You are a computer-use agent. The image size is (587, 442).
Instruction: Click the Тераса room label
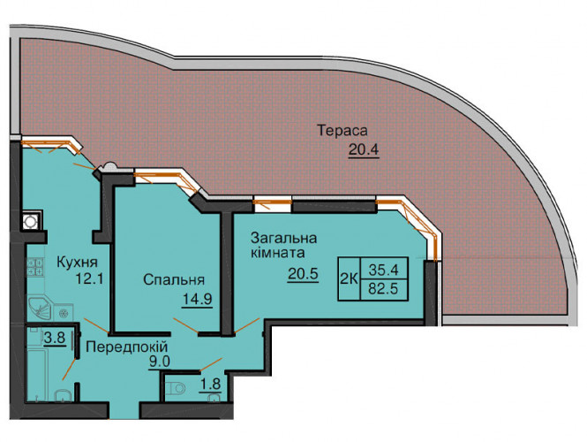[342, 131]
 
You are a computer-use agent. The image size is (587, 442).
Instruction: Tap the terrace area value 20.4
[364, 149]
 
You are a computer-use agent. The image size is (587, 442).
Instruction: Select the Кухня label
[77, 263]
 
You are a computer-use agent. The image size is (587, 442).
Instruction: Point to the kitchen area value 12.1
[89, 278]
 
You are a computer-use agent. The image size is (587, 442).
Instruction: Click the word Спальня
[174, 279]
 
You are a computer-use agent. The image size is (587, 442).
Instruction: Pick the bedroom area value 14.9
[198, 299]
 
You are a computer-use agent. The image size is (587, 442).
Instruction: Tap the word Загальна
[284, 239]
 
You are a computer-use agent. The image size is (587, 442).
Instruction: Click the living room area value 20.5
[303, 274]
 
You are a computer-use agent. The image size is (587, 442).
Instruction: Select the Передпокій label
[127, 347]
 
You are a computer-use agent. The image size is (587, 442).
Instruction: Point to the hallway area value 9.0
[159, 362]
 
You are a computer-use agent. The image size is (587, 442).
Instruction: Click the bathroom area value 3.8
[55, 339]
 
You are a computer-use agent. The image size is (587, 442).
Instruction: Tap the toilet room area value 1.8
[210, 385]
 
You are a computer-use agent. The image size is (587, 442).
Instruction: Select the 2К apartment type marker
[349, 279]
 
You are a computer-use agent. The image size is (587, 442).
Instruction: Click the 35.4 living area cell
[384, 269]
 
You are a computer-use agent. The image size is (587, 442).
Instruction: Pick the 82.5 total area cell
[384, 289]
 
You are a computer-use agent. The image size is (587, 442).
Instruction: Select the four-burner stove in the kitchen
[34, 267]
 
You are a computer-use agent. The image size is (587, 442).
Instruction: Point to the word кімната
[278, 253]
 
